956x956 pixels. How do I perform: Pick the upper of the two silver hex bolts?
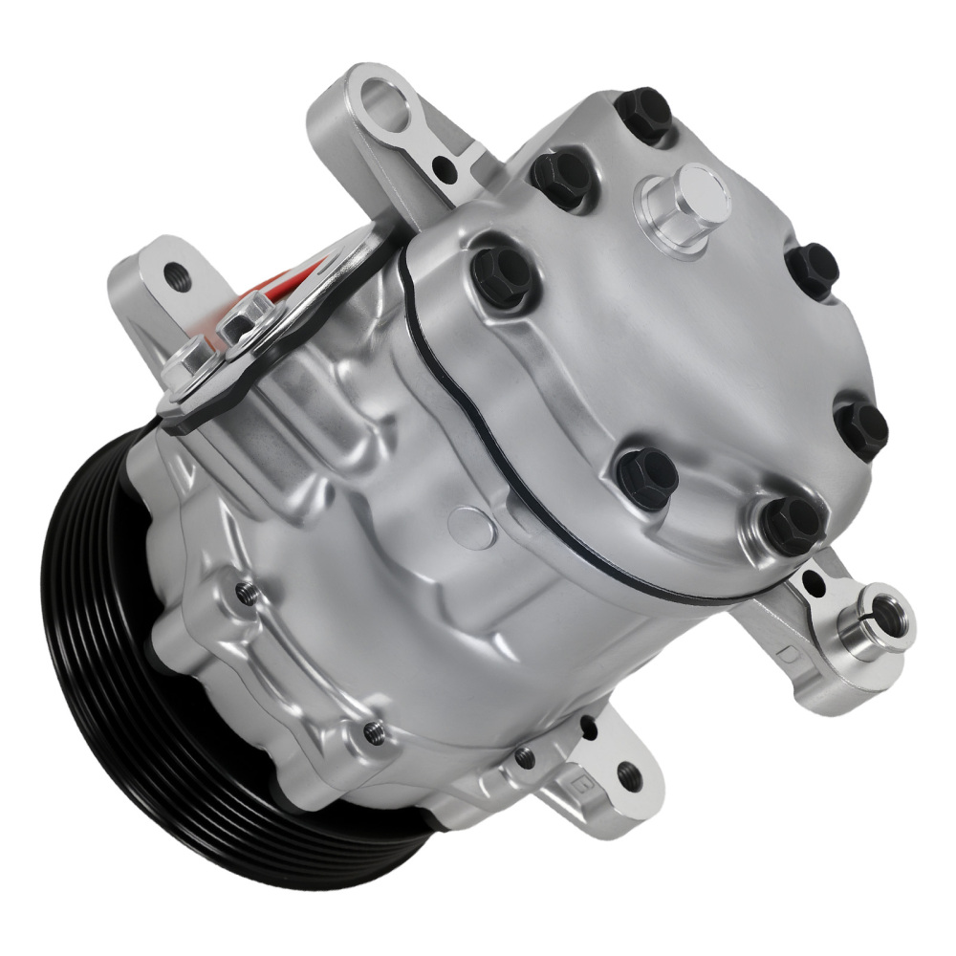pos(250,314)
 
